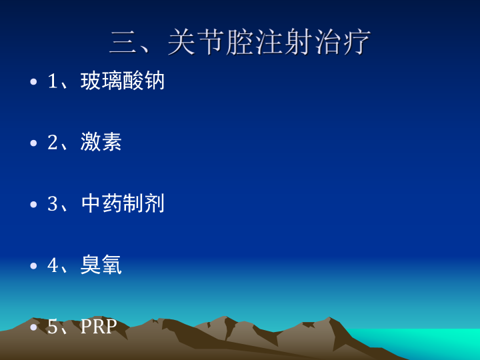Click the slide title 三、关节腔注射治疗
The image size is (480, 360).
point(240,42)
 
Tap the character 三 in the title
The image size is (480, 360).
point(123,43)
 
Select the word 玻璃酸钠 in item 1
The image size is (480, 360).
point(123,81)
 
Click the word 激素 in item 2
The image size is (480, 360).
point(101,142)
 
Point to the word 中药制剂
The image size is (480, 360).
point(123,203)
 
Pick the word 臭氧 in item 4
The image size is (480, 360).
point(101,265)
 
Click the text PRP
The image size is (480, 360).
point(99,326)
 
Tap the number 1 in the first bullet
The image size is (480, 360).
point(53,81)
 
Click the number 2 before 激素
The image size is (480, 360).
point(53,143)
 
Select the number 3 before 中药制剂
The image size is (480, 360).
point(53,203)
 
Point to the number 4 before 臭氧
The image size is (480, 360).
point(53,265)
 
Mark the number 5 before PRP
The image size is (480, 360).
point(53,326)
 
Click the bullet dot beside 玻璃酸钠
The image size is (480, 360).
point(33,82)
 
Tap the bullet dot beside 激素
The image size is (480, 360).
point(33,143)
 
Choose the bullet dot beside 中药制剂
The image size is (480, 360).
point(33,205)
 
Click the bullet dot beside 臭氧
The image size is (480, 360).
point(33,266)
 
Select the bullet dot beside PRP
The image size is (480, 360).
point(33,327)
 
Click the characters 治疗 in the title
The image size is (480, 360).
point(342,42)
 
